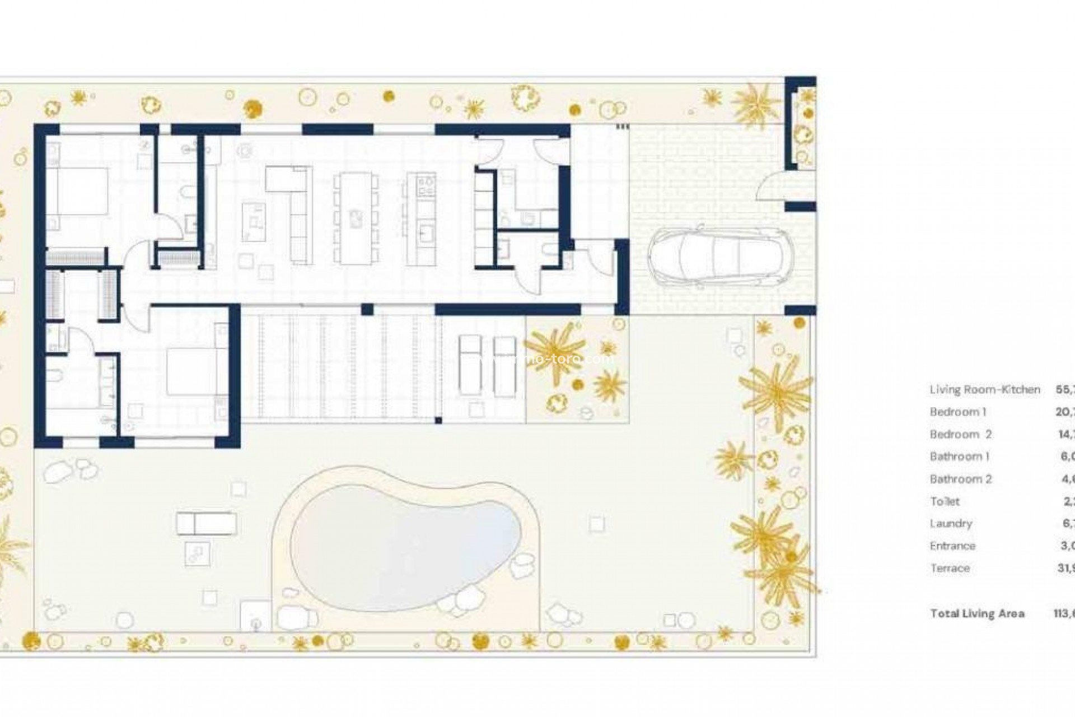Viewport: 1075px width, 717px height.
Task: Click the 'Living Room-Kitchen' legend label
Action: point(985,389)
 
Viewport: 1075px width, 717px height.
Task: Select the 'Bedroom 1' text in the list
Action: point(957,412)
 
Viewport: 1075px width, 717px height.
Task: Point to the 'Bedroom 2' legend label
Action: point(960,434)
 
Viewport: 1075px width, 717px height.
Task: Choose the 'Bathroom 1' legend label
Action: point(959,457)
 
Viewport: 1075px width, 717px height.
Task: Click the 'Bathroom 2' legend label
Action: point(960,479)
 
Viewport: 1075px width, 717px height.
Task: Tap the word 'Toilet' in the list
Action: point(945,501)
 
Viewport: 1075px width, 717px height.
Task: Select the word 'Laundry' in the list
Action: point(951,524)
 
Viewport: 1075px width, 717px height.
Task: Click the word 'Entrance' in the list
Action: point(952,546)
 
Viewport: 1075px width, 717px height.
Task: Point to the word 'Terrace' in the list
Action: point(950,569)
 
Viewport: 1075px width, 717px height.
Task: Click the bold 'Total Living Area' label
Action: point(977,613)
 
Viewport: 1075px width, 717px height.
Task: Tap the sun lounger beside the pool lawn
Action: point(206,524)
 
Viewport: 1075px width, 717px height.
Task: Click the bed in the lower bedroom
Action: point(196,372)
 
